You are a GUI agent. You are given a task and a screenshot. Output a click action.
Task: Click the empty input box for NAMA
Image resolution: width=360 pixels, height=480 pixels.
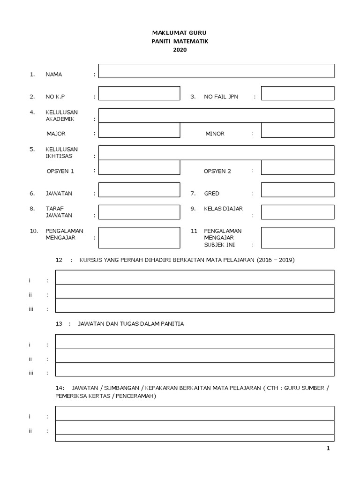point(216,71)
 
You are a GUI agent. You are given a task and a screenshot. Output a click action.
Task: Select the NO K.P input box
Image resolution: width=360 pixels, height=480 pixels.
point(139,93)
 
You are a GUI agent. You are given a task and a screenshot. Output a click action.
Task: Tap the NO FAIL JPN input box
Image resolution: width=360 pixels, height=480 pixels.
point(297,93)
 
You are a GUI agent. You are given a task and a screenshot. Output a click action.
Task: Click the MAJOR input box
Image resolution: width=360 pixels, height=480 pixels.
point(139,130)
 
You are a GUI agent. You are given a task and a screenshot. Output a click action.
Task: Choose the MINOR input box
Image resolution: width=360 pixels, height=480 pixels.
point(297,130)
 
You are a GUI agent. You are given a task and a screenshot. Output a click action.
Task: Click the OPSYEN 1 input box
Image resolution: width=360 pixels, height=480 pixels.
point(139,167)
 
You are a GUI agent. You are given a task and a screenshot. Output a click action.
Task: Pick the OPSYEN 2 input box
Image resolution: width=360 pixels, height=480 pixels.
point(297,167)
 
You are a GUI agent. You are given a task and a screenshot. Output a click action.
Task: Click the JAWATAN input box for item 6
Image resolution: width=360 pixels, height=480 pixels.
point(139,190)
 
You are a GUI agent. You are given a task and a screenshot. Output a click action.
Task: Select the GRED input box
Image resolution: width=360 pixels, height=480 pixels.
point(297,190)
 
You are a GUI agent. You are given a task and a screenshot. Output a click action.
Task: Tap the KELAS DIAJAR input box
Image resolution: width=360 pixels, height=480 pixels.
point(297,212)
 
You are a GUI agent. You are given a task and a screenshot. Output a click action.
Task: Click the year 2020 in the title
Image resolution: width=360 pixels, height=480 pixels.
point(180,50)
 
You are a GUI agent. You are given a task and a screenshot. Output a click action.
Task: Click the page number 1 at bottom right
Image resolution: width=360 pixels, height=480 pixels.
point(328,449)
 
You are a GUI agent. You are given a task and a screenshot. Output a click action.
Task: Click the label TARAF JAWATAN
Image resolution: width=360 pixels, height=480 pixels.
point(59,212)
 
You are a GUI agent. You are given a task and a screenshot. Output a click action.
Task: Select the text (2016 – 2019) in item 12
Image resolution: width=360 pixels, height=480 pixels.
point(275,260)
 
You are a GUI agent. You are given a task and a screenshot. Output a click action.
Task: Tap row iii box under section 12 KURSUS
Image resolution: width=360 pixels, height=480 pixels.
point(195,305)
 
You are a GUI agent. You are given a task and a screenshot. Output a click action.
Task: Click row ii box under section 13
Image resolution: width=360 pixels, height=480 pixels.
point(195,355)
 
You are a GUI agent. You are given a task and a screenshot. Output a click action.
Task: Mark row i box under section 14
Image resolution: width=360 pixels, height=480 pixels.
point(195,413)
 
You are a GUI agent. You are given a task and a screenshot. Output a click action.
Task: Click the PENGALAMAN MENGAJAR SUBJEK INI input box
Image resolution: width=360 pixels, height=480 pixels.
point(297,238)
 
